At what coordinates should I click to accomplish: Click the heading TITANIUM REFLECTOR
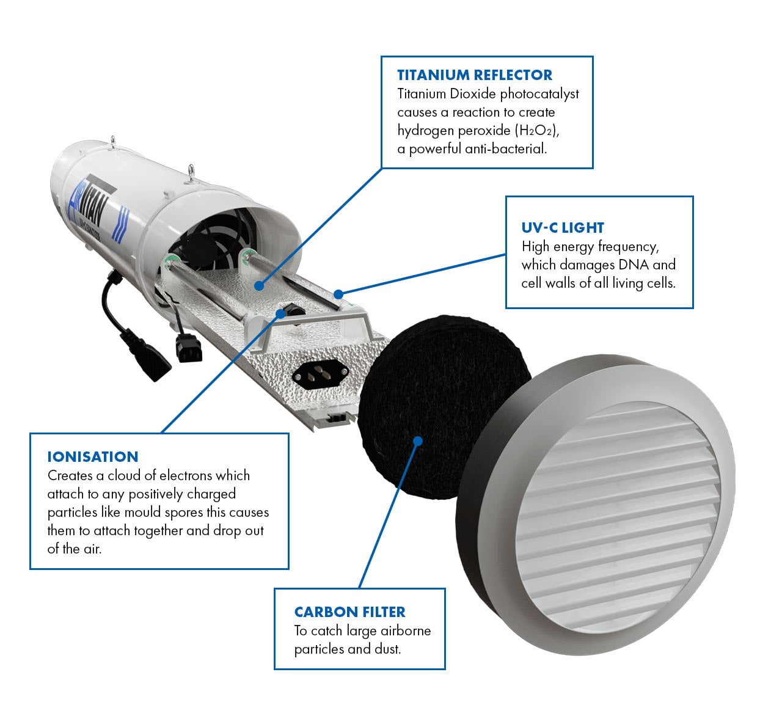coord(474,75)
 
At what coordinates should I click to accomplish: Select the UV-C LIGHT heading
coord(562,228)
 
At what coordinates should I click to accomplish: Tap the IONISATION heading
coord(93,457)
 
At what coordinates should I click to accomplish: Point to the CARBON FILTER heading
coord(349,612)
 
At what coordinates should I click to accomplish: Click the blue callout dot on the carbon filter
coord(418,440)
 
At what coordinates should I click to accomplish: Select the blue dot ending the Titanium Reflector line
coord(259,285)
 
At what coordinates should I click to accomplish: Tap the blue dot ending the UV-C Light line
coord(338,294)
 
